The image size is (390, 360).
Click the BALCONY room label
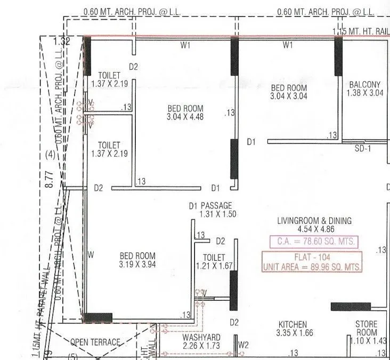(x=364, y=84)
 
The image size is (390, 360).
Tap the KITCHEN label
(x=292, y=324)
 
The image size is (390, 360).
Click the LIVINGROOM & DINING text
(x=314, y=221)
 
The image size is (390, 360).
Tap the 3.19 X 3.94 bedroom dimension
(x=137, y=264)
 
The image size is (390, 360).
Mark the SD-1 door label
(x=362, y=149)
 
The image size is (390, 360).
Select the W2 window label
(x=243, y=345)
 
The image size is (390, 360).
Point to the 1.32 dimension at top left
(x=62, y=41)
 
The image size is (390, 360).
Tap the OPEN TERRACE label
(x=95, y=342)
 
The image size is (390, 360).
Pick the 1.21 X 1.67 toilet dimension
(x=214, y=266)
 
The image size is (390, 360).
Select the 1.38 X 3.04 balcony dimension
(x=365, y=93)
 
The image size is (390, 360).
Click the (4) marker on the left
(x=50, y=155)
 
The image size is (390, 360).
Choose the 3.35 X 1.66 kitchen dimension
(x=292, y=333)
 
